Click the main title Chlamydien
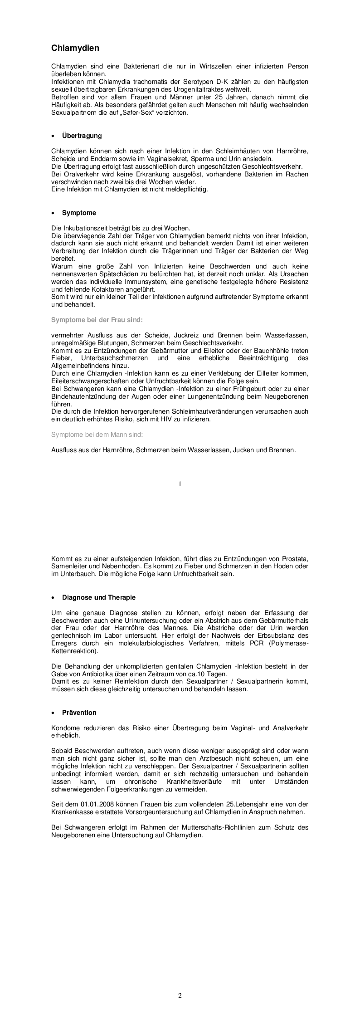tap(75, 48)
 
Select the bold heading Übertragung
tap(82, 136)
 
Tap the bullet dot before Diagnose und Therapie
tap(54, 598)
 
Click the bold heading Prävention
tap(79, 713)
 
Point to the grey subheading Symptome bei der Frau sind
tap(97, 320)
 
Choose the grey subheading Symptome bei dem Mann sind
tap(97, 435)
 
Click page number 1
tap(180, 484)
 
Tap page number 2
tap(180, 996)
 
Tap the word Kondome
tap(65, 728)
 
